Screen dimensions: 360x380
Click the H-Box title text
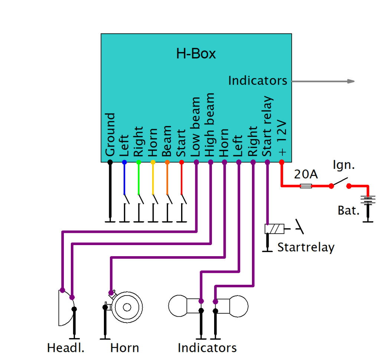click(196, 54)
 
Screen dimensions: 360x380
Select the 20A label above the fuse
click(306, 174)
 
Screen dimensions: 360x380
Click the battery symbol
click(368, 201)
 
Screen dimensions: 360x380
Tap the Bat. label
click(348, 211)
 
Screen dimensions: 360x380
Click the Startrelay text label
click(306, 247)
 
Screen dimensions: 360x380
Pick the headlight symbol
click(65, 308)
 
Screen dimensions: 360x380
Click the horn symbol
click(126, 307)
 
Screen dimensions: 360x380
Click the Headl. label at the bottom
click(66, 348)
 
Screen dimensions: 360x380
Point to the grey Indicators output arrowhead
click(351, 81)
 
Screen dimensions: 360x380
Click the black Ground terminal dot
click(110, 162)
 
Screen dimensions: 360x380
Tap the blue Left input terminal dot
click(124, 162)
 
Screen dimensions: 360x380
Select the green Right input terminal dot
click(138, 162)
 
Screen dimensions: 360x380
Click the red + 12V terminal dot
click(281, 162)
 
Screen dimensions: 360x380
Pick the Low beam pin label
click(196, 127)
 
